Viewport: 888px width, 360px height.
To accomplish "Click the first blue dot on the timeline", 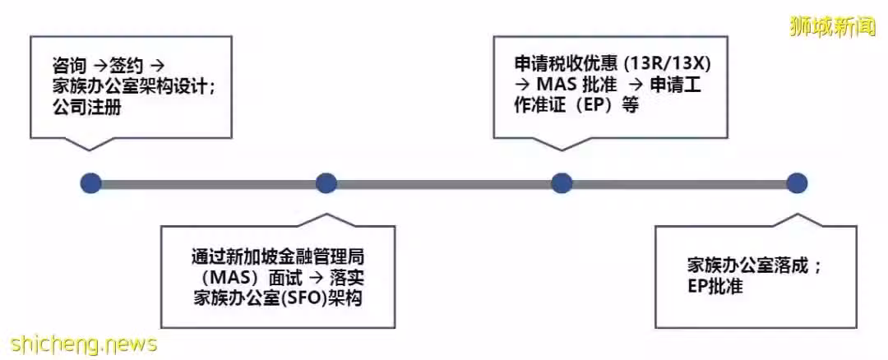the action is click(90, 183).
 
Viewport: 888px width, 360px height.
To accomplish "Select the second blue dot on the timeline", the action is click(326, 183).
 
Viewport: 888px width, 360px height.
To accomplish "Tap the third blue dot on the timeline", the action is click(562, 183).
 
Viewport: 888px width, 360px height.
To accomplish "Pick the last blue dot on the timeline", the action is click(797, 183).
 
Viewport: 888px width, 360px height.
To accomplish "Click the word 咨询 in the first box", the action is click(70, 67).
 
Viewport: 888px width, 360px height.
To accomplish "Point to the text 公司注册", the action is click(86, 108).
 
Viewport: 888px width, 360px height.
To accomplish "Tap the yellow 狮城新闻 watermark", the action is click(832, 27).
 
